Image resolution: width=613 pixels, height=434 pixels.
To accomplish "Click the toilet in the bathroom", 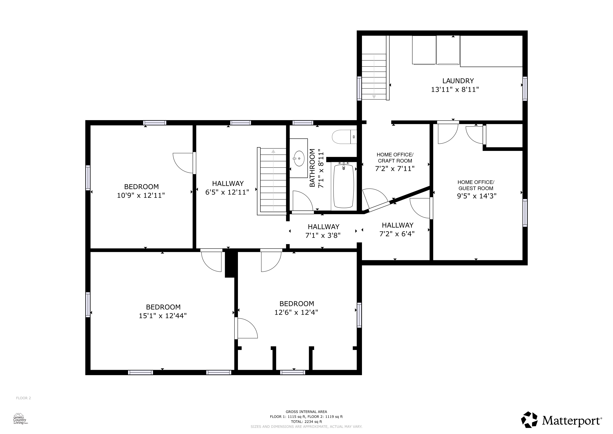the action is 344,137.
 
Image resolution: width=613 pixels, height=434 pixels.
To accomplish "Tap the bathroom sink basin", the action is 299,159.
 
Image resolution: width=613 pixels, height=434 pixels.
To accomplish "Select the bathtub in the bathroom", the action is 344,186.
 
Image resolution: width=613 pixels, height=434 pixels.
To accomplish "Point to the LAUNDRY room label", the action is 458,81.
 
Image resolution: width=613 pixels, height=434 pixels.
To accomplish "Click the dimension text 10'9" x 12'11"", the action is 141,195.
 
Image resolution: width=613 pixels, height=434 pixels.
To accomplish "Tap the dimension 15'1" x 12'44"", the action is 163,316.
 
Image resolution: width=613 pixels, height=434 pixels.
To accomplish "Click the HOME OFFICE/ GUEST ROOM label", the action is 476,185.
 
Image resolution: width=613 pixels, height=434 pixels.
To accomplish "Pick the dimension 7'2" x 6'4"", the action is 397,234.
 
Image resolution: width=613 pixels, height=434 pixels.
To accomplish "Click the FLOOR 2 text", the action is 23,398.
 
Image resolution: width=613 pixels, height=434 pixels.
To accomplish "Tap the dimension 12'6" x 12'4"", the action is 296,312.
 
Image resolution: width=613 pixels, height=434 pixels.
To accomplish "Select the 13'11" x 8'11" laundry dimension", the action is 455,89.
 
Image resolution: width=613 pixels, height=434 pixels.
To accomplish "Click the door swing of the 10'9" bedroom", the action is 183,163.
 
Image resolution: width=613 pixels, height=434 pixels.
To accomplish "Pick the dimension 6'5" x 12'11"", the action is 227,192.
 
